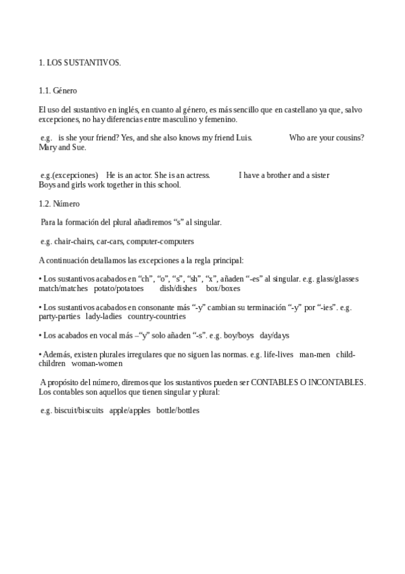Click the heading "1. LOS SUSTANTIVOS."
80,63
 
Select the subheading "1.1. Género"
58,90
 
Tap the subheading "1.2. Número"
59,203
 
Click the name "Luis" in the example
245,138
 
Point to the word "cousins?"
349,138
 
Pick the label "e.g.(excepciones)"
69,175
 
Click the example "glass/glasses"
336,279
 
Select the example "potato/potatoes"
119,288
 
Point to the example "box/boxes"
223,288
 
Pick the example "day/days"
275,335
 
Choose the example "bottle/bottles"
178,410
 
